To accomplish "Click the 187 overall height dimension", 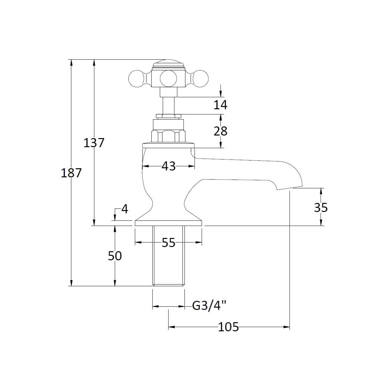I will point(71,173).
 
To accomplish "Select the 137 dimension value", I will point(94,142).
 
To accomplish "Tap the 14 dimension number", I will point(220,105).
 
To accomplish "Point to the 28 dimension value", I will point(220,131).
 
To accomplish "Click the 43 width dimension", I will point(168,166).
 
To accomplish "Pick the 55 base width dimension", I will point(168,242).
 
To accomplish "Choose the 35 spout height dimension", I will point(321,207).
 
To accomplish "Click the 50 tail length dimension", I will point(114,256).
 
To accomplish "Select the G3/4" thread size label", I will point(209,306).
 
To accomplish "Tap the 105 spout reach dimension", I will point(228,327).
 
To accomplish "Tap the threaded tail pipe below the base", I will point(168,256).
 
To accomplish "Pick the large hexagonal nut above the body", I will point(168,136).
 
